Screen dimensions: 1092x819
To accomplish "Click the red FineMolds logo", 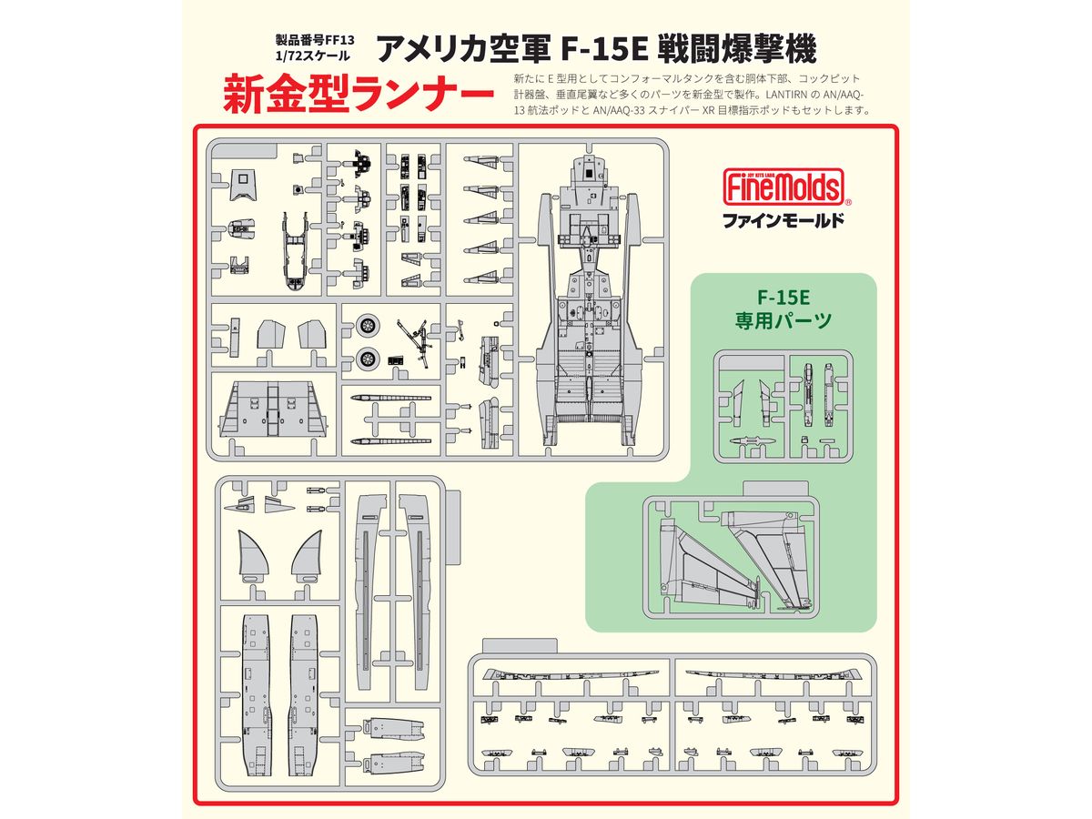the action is tap(784, 187).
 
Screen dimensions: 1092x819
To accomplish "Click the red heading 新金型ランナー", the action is tap(359, 94).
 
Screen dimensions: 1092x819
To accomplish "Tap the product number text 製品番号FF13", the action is tap(315, 40).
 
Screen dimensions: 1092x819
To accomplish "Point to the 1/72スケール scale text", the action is tap(312, 56).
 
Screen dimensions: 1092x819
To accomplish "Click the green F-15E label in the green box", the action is tap(784, 298).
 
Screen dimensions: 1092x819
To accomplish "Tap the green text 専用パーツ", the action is tap(784, 320).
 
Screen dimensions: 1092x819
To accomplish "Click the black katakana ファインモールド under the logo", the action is tap(784, 220).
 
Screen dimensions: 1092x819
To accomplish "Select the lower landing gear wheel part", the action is tap(368, 358).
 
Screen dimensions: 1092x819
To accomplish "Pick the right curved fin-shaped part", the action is tap(307, 556).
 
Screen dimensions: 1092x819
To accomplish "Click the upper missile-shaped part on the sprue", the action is tap(390, 398).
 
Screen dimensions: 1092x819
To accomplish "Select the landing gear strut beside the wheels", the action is tap(415, 343).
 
